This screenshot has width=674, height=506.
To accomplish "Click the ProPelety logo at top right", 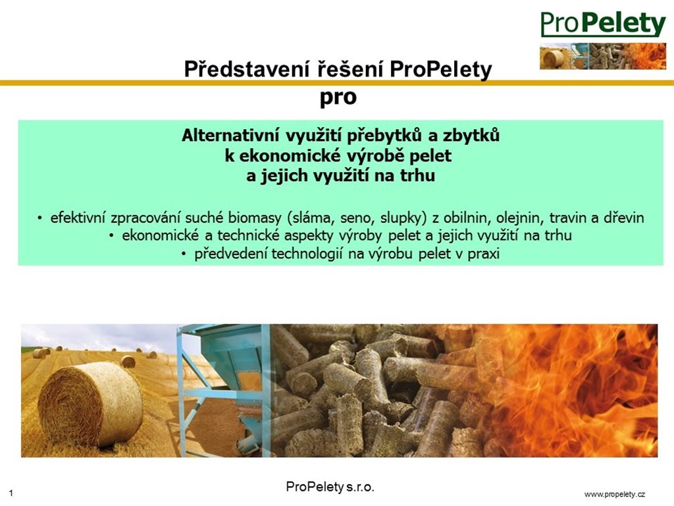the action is pyautogui.click(x=603, y=24).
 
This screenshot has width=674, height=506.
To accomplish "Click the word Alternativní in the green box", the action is pyautogui.click(x=231, y=136).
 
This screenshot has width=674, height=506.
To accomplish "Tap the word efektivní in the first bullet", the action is pyautogui.click(x=78, y=217).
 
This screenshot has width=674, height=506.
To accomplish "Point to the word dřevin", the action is pyautogui.click(x=624, y=217).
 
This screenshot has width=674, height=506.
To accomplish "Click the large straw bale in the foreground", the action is pyautogui.click(x=90, y=404).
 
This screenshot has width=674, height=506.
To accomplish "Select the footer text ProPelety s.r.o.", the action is pyautogui.click(x=330, y=487).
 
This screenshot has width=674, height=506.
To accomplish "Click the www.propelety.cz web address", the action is pyautogui.click(x=615, y=494).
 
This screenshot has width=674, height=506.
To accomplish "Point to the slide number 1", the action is pyautogui.click(x=11, y=493).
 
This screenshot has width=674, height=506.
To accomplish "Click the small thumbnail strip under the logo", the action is pyautogui.click(x=603, y=56).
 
